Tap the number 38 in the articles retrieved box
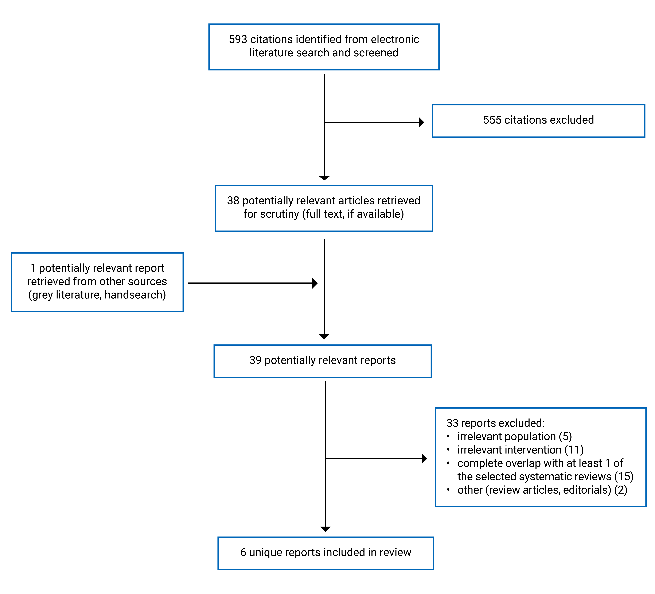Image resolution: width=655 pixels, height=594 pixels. point(233,201)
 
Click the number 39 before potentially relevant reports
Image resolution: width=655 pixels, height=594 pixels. point(255,360)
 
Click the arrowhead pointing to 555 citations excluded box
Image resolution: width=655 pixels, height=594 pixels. point(421,123)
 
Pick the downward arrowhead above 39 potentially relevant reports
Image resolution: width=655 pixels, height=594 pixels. point(324,336)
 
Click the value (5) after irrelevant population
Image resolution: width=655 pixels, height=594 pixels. point(565,436)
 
